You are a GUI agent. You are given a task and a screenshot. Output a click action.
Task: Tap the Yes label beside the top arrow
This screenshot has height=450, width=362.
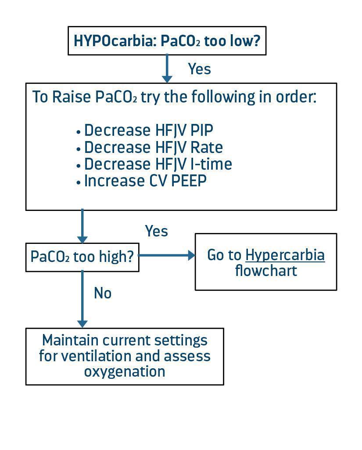point(199,69)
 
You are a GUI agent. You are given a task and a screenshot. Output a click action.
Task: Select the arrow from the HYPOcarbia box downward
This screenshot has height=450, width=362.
point(167,68)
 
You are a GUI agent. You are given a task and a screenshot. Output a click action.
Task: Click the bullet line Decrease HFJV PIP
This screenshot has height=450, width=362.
point(148,131)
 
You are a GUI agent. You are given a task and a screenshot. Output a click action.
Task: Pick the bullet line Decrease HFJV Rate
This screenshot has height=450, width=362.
point(153,147)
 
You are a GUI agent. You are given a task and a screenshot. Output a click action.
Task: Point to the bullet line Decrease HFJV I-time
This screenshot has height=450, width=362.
point(158,164)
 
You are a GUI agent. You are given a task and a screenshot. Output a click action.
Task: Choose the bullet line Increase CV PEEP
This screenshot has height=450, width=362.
point(145,181)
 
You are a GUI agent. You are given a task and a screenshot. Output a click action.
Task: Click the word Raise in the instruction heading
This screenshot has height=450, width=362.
point(72,97)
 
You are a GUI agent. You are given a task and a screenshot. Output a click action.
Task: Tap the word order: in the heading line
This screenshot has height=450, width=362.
point(295,97)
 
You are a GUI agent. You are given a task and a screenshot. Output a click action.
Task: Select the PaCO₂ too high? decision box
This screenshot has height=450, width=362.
point(82,257)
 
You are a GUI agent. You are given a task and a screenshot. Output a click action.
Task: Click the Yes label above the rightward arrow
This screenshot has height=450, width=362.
point(156,231)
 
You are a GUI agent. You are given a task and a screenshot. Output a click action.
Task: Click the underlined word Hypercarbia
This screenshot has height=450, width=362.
point(285,255)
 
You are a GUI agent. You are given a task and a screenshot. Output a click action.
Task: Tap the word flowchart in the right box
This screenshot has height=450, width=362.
point(266,271)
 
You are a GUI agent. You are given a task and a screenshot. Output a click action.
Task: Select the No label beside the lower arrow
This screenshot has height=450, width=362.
point(103,293)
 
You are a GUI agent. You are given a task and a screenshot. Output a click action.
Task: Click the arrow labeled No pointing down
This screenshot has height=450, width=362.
point(82,299)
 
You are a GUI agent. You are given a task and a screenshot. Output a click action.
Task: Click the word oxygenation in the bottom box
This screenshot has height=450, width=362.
point(125,371)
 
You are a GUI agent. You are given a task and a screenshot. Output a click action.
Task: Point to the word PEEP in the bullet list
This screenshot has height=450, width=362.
point(188,181)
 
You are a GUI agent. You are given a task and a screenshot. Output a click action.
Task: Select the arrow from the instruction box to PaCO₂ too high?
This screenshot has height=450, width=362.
point(82,226)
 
